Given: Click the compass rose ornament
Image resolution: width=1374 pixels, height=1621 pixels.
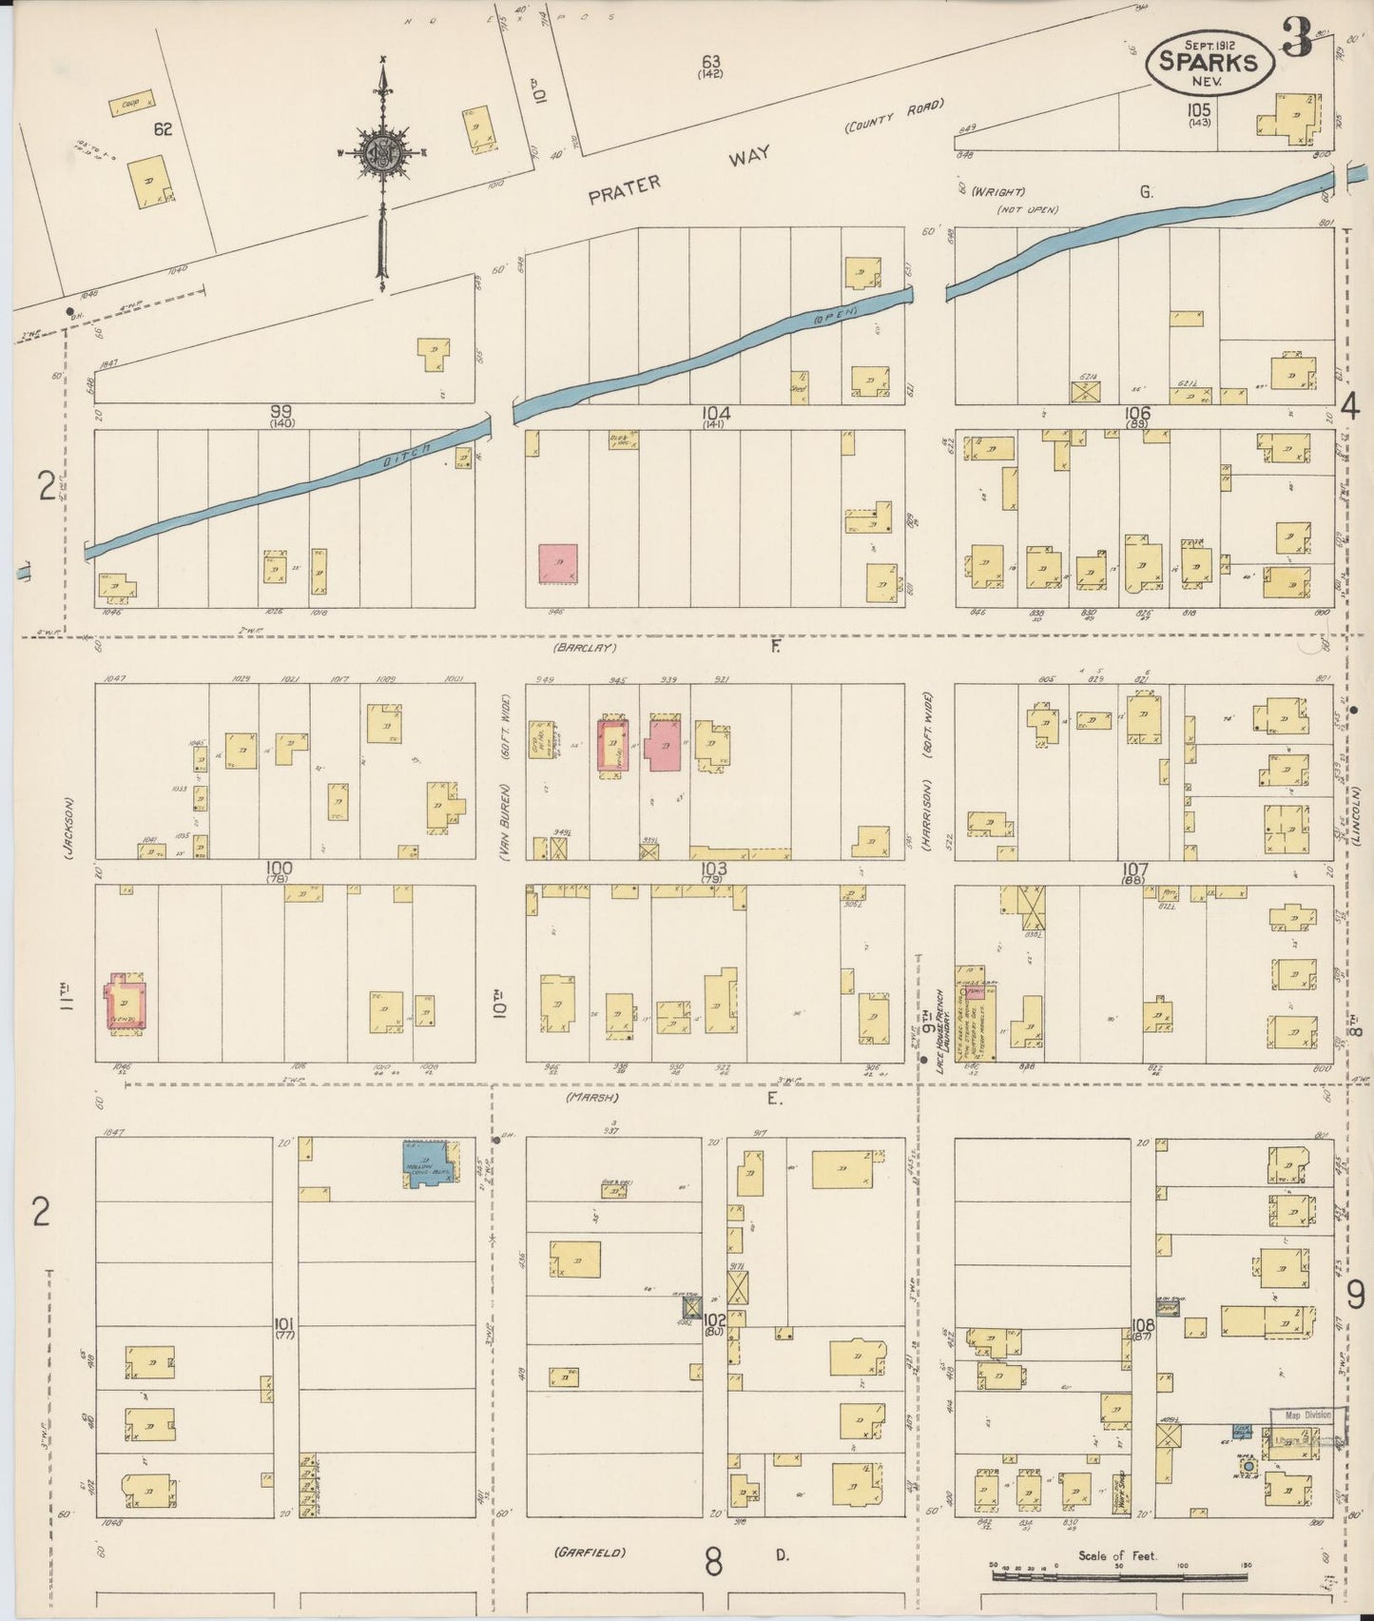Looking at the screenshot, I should coord(381,153).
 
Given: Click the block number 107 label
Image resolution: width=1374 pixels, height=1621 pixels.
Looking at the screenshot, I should coord(1135,868).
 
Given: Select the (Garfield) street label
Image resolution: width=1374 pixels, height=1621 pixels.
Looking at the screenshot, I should coord(590,1552).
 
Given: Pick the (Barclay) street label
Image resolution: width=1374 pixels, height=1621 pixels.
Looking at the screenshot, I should coord(584,648).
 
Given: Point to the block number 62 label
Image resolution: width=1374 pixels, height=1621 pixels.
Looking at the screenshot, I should coord(163,128).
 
